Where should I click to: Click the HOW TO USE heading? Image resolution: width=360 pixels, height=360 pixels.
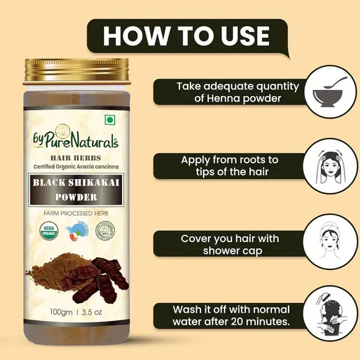[x=186, y=35]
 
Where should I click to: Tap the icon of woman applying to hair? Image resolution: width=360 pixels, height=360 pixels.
[x=326, y=166]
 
